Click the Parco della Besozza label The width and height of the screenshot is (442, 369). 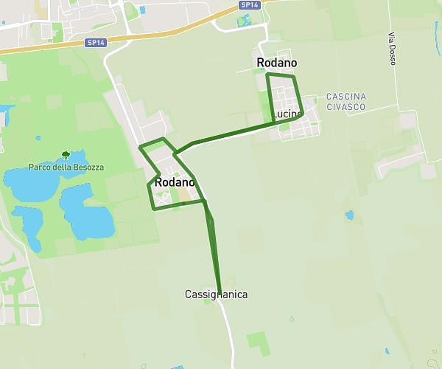[x=66, y=168]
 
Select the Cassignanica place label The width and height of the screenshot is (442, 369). [x=216, y=294]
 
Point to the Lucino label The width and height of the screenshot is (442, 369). [x=287, y=114]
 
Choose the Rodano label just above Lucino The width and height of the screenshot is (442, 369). [x=277, y=63]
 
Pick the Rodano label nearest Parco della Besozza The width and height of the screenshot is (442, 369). [x=175, y=182]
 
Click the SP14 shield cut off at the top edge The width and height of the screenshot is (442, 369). [x=250, y=4]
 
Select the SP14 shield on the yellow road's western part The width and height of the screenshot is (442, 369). [x=97, y=43]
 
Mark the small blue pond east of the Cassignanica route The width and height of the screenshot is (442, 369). [x=349, y=215]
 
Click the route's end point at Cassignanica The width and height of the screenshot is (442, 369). [x=220, y=292]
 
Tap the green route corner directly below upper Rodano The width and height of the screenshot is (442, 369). [x=267, y=75]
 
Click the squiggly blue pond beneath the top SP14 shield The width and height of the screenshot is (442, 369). [x=243, y=20]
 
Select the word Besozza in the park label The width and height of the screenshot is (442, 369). [x=85, y=168]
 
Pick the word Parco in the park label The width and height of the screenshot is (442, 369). [x=39, y=168]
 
